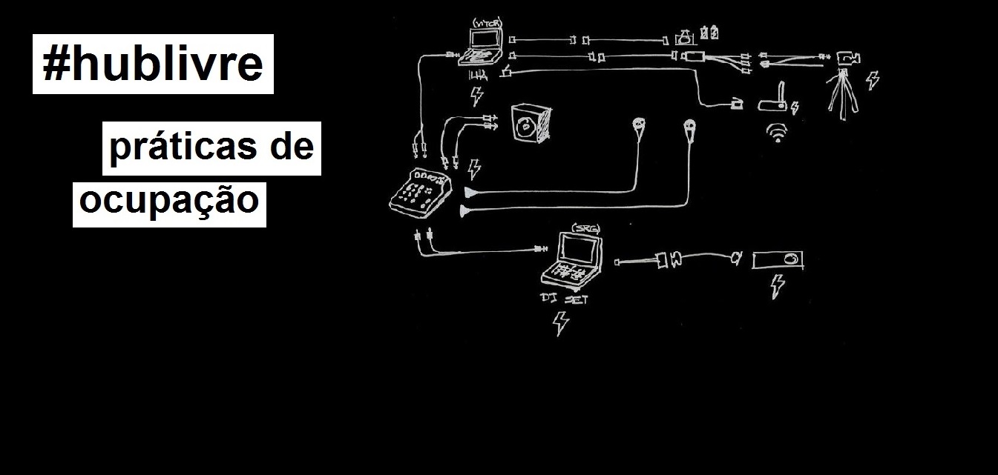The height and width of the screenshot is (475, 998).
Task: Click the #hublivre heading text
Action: (x=153, y=64)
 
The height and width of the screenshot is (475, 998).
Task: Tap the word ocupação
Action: (x=169, y=200)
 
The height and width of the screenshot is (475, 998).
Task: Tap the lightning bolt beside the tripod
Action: (x=873, y=79)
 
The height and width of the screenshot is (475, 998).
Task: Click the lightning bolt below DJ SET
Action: (x=561, y=323)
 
